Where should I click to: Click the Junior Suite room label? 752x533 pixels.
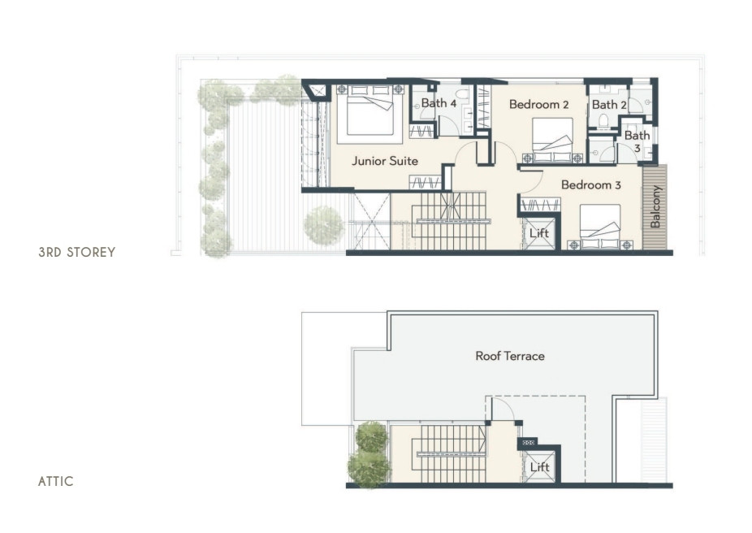385,161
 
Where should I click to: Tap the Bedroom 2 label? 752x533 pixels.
538,104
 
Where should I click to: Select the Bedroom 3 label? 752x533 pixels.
591,184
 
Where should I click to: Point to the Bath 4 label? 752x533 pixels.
439,102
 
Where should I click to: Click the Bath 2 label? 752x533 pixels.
609,104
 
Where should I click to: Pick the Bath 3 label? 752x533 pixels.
637,141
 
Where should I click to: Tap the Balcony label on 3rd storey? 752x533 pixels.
655,206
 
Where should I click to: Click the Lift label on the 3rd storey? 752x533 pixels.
539,233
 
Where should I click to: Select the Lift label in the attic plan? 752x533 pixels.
539,467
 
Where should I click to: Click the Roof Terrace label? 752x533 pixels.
510,356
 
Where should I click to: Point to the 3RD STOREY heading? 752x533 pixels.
76,253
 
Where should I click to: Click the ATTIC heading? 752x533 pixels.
56,481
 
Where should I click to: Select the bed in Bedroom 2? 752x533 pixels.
552,140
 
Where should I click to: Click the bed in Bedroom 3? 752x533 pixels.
600,227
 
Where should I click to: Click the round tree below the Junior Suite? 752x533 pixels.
324,225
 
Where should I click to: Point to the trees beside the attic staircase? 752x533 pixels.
370,454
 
